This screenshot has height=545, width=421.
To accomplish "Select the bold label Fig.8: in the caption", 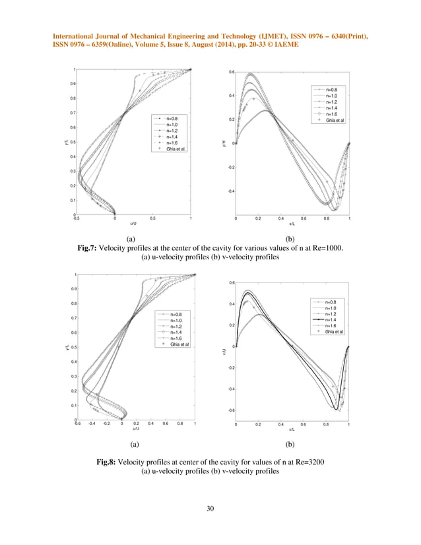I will tap(109, 462).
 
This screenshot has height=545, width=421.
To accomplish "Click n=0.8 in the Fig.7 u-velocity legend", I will tap(173, 118).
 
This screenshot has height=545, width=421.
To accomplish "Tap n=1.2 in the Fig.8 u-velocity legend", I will tap(176, 327).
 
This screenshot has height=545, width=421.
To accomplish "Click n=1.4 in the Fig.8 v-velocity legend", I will tap(333, 320).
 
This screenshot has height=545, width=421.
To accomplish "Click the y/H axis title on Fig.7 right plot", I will tap(226, 143).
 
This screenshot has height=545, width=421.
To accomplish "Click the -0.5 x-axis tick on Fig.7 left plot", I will tap(76, 218).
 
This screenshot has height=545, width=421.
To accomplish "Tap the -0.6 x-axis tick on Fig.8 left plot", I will tap(77, 424).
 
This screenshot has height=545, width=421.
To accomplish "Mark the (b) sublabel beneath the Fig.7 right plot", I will tap(289, 239).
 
